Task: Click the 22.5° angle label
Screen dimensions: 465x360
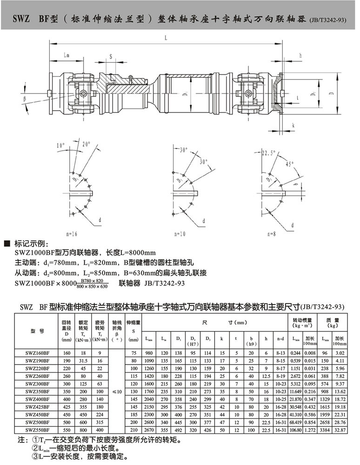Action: coord(268,153)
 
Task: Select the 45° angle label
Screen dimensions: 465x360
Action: coord(290,164)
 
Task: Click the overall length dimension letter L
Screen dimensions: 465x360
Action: coord(166,39)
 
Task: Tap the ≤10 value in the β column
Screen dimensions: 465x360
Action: coord(117,392)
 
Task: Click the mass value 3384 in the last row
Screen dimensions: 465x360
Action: coord(324,430)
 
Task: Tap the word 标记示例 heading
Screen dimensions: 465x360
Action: coord(29,243)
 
